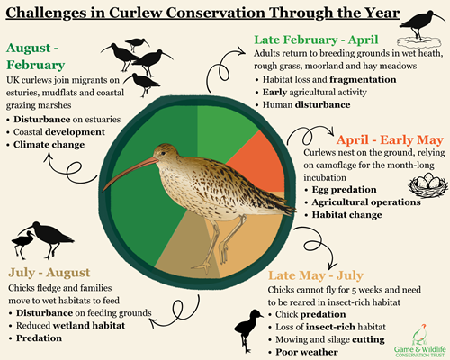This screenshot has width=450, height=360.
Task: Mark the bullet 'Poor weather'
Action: point(312,350)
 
